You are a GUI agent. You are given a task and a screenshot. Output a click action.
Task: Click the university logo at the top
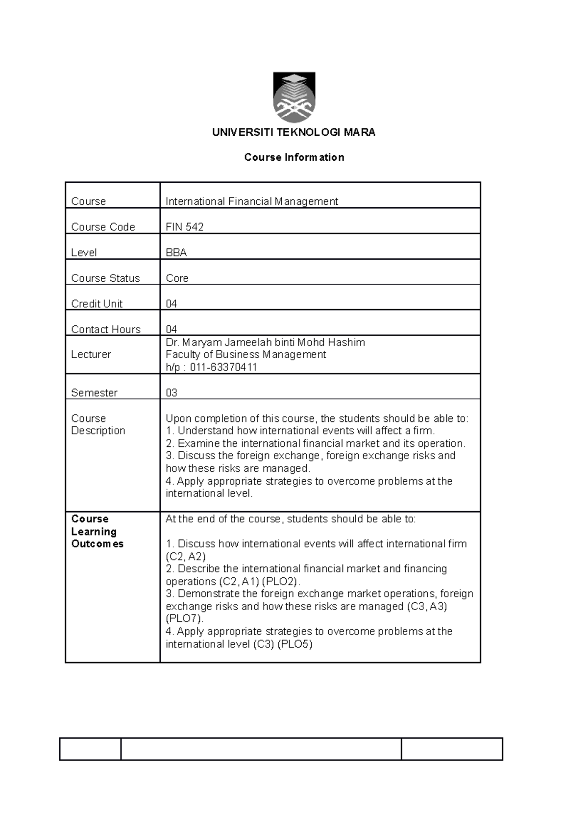click(x=294, y=97)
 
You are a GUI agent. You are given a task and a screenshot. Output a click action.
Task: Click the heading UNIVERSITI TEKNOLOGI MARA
click(x=294, y=132)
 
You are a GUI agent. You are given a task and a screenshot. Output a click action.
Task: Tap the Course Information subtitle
click(x=294, y=157)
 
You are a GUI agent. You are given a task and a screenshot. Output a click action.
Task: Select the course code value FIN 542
click(x=184, y=227)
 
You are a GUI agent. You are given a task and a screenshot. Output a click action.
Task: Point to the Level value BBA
click(x=176, y=253)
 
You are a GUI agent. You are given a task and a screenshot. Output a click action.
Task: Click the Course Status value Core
click(x=177, y=278)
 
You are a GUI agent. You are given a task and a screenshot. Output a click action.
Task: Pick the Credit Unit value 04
click(x=171, y=304)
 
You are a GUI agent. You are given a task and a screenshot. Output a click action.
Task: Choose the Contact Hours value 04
click(x=171, y=329)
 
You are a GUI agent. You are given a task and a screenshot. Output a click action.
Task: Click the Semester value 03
click(x=171, y=393)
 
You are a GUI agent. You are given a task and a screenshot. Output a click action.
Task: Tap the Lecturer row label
click(x=91, y=354)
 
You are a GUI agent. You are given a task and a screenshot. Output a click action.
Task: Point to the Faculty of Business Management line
click(x=245, y=355)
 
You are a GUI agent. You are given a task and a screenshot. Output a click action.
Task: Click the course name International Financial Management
click(x=251, y=201)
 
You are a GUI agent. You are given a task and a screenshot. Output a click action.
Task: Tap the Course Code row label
click(x=103, y=227)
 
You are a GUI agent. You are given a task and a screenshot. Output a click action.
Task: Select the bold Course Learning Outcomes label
click(x=97, y=532)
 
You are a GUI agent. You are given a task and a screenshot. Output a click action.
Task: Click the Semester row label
click(x=94, y=393)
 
